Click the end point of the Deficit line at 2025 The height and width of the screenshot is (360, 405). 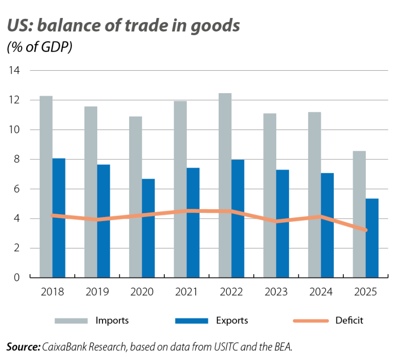[365, 230]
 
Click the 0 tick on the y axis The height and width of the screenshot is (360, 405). [16, 278]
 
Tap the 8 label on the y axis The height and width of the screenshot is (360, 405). [16, 159]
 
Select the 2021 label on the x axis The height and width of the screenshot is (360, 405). [186, 292]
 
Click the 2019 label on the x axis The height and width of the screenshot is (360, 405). [97, 292]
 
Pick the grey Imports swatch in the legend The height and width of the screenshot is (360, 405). [71, 321]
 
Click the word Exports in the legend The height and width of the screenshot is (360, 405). [232, 321]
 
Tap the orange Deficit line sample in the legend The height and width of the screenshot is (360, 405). [310, 321]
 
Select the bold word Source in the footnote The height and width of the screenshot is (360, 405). [22, 346]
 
